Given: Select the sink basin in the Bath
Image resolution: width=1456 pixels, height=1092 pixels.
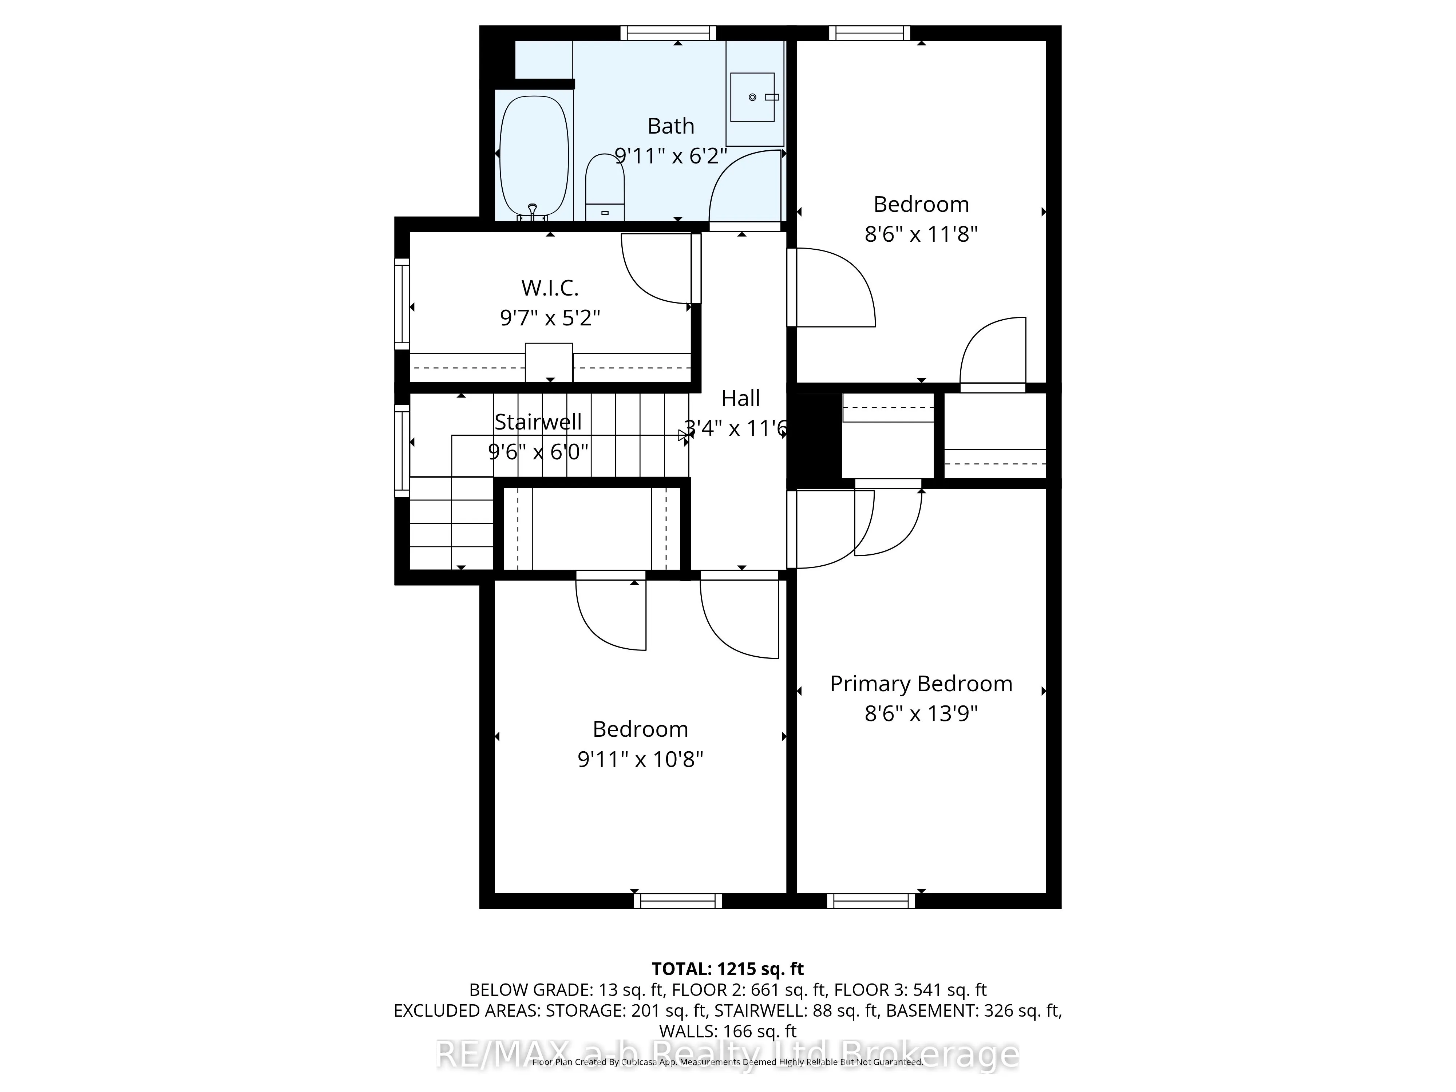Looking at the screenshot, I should (752, 98).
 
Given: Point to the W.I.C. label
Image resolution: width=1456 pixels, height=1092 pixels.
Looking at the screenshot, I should (550, 288).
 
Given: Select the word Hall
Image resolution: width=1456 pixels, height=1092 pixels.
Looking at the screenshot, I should (740, 398).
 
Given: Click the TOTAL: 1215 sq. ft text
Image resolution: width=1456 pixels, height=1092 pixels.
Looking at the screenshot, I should (727, 969).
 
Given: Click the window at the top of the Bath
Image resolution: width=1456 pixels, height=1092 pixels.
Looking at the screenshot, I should (668, 33).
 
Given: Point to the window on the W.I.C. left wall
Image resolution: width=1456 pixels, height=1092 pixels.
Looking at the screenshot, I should (401, 304).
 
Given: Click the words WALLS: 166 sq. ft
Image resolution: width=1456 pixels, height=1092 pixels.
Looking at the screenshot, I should (727, 1031).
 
